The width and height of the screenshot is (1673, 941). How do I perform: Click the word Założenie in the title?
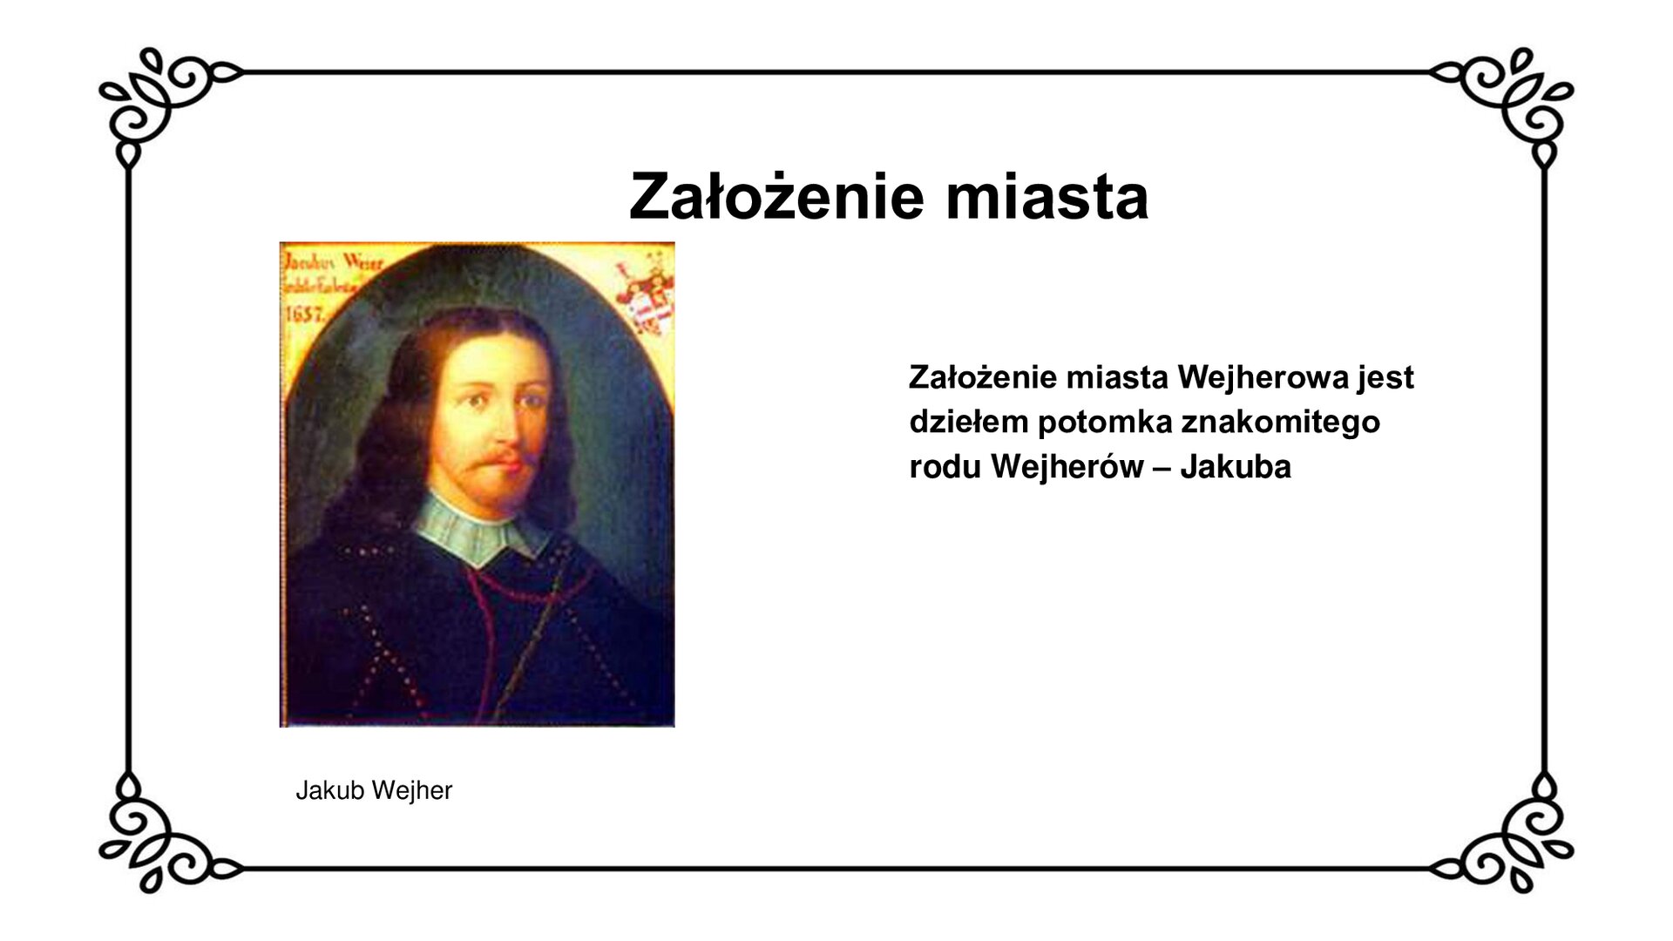[x=776, y=197]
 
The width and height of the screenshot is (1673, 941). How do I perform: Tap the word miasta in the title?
[x=1046, y=197]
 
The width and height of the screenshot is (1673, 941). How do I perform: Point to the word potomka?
[x=1104, y=423]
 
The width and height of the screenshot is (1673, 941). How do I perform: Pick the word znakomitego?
[x=1281, y=423]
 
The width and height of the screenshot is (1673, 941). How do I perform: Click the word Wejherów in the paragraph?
[x=1067, y=467]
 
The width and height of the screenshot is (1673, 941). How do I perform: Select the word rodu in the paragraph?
[x=944, y=467]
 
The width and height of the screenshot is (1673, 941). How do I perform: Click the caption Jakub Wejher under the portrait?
[x=374, y=790]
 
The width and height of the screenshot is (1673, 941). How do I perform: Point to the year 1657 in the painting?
[x=305, y=314]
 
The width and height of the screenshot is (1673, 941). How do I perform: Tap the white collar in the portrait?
[x=479, y=528]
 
